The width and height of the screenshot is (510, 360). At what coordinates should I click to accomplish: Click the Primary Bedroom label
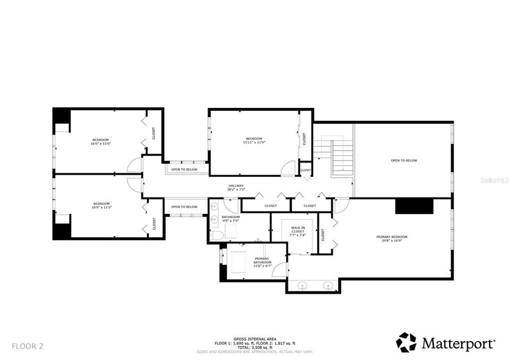(x=392, y=238)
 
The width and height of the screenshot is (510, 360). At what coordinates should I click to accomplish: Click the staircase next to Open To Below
(x=342, y=156)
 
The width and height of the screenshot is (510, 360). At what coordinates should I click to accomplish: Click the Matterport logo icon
(x=406, y=342)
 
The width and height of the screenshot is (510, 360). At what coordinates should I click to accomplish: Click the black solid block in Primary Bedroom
(x=414, y=206)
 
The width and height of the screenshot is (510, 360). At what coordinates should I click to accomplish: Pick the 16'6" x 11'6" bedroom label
(x=100, y=141)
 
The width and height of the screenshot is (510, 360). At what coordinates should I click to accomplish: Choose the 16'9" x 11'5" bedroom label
(x=101, y=205)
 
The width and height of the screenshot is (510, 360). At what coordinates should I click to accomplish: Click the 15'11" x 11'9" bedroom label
(x=254, y=140)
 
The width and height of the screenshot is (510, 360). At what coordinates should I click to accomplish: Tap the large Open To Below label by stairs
(x=404, y=160)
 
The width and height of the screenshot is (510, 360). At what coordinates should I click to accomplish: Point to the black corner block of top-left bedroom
(x=61, y=115)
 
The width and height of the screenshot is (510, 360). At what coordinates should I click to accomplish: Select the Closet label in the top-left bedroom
(x=154, y=133)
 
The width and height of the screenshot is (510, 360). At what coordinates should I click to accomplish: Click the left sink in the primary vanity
(x=302, y=286)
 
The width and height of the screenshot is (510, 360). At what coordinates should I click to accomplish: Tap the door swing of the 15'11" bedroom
(x=288, y=169)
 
